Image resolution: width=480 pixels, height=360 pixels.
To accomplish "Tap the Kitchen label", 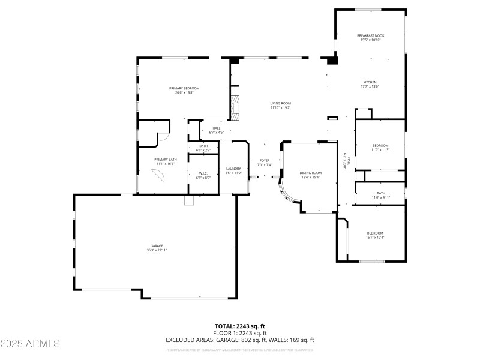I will click(x=370, y=84).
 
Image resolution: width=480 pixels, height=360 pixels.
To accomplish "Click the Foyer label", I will click(x=264, y=162).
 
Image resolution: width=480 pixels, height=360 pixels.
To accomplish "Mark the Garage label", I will click(x=157, y=247).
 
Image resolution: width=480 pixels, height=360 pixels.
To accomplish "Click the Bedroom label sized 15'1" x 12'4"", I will click(x=375, y=235).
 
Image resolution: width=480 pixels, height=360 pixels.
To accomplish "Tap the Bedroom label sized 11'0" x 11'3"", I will click(x=380, y=148).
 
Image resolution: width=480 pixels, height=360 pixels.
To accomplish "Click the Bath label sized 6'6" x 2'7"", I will click(x=203, y=148).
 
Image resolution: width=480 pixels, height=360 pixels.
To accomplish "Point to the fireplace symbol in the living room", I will click(x=236, y=106).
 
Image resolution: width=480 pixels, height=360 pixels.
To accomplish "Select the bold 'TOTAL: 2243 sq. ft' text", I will click(x=240, y=326).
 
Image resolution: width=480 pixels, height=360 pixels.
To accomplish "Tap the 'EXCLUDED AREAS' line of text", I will click(x=240, y=340).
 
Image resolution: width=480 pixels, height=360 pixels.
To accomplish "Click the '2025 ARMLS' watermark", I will click(x=30, y=344).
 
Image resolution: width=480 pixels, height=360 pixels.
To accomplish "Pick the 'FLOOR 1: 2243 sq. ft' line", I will click(x=240, y=333).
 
